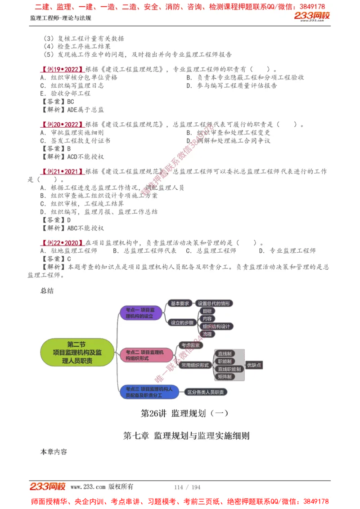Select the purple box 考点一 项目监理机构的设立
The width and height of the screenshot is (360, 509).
pyautogui.click(x=140, y=313)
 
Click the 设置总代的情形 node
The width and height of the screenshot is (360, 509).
pyautogui.click(x=214, y=304)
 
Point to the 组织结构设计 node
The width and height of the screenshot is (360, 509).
pyautogui.click(x=216, y=326)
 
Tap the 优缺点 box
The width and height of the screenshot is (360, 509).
pyautogui.click(x=254, y=365)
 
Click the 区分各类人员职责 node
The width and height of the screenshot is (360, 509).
pyautogui.click(x=207, y=392)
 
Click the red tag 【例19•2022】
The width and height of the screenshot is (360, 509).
pyautogui.click(x=61, y=70)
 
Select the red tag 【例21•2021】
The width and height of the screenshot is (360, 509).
pyautogui.click(x=61, y=171)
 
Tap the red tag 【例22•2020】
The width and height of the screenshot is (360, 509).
pyautogui.click(x=61, y=243)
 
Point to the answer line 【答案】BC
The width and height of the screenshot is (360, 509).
pyautogui.click(x=57, y=102)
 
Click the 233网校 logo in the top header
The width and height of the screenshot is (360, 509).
pyautogui.click(x=312, y=16)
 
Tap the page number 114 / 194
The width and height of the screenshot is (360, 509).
pyautogui.click(x=187, y=487)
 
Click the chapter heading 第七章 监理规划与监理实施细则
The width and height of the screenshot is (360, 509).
pyautogui.click(x=186, y=436)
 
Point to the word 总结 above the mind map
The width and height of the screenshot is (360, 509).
pyautogui.click(x=47, y=291)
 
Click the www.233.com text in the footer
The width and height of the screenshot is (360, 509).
pyautogui.click(x=88, y=487)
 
